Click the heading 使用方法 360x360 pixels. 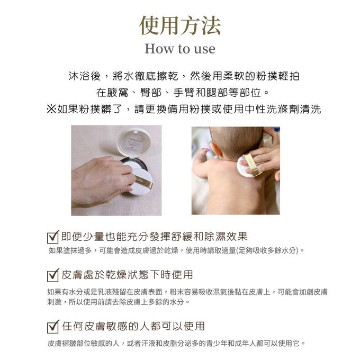[180, 25]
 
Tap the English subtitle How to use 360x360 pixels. [180, 49]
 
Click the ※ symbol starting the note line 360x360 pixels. [51, 110]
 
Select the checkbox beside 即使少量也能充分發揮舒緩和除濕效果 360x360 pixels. [52, 237]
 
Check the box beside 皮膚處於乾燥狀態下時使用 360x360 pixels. [52, 276]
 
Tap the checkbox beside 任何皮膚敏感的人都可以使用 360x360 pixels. [52, 326]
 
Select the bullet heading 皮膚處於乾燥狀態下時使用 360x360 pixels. [127, 275]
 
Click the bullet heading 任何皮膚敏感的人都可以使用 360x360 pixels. [133, 326]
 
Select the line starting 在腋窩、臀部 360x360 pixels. [179, 93]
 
